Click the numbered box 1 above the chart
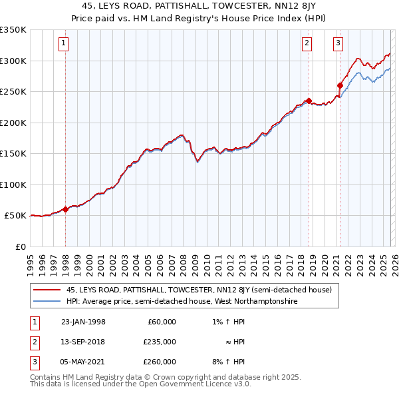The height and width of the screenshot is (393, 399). click(63, 44)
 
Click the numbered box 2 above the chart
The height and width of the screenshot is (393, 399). click(307, 44)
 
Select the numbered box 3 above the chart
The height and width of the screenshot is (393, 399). click(338, 44)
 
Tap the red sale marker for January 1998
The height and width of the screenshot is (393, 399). click(66, 209)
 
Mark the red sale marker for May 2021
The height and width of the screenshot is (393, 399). click(340, 85)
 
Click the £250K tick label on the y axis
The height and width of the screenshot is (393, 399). click(13, 92)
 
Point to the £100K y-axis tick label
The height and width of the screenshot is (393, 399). click(13, 185)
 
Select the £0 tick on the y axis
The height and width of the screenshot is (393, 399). click(19, 246)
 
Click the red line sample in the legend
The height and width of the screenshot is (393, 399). click(47, 290)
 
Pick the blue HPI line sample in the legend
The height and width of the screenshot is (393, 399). click(47, 302)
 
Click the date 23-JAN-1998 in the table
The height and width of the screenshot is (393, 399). click(83, 322)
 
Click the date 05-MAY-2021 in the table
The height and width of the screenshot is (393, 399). click(83, 362)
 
